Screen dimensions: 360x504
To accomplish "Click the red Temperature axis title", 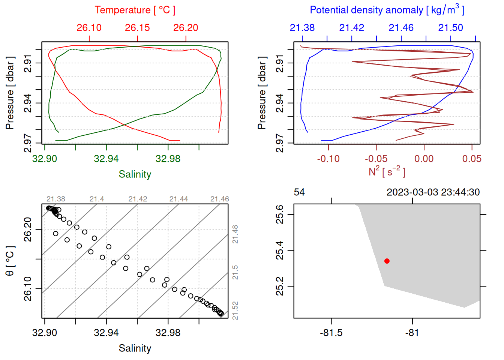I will pyautogui.click(x=135, y=10).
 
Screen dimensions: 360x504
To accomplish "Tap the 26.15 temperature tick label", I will pyautogui.click(x=137, y=28).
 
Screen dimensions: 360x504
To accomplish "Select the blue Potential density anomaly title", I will pyautogui.click(x=387, y=10).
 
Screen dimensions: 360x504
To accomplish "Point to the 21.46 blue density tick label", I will pyautogui.click(x=401, y=28).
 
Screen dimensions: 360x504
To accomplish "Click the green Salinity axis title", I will pyautogui.click(x=135, y=174).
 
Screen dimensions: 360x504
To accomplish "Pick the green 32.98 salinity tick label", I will pyautogui.click(x=168, y=159).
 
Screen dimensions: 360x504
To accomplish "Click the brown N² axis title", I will pyautogui.click(x=387, y=171).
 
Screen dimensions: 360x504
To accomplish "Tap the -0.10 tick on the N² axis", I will pyautogui.click(x=328, y=159).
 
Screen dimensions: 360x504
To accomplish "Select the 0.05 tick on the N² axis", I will pyautogui.click(x=471, y=159).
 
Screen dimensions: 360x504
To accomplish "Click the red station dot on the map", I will pyautogui.click(x=387, y=261).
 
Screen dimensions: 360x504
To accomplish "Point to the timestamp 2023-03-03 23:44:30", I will pyautogui.click(x=433, y=192).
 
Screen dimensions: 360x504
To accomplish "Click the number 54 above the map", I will pyautogui.click(x=299, y=192).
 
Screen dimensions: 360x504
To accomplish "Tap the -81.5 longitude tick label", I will pyautogui.click(x=331, y=333).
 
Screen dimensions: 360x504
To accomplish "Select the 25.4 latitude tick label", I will pyautogui.click(x=280, y=250).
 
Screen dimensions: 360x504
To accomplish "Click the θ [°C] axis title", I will pyautogui.click(x=10, y=261).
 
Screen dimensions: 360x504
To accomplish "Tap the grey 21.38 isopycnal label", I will pyautogui.click(x=56, y=199).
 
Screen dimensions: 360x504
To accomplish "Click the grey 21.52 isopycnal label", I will pyautogui.click(x=235, y=311).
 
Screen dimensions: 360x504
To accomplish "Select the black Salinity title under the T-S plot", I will pyautogui.click(x=135, y=348).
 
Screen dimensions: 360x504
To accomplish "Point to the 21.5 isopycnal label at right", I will pyautogui.click(x=235, y=272).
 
